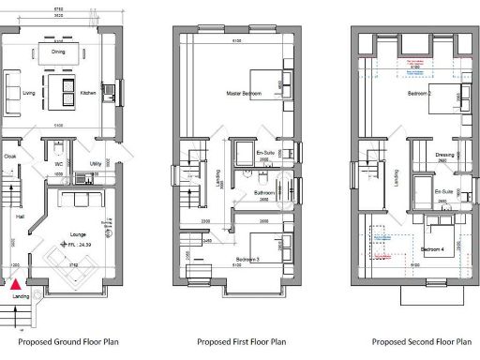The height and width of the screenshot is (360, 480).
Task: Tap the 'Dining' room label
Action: tap(58, 52)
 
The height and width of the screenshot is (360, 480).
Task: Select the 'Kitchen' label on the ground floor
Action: tap(87, 94)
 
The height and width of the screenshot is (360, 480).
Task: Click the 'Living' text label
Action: tap(29, 94)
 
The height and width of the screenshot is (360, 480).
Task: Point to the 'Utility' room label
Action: tap(96, 164)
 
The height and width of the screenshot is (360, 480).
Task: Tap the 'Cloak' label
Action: tap(10, 157)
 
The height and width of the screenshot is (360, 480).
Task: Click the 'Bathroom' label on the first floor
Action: tap(263, 193)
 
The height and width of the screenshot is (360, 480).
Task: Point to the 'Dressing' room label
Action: tap(445, 156)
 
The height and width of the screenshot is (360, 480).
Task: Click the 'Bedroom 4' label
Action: tap(431, 249)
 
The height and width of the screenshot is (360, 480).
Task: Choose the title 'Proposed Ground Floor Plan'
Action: tap(60, 342)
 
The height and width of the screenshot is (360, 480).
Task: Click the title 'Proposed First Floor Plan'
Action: tap(238, 342)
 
